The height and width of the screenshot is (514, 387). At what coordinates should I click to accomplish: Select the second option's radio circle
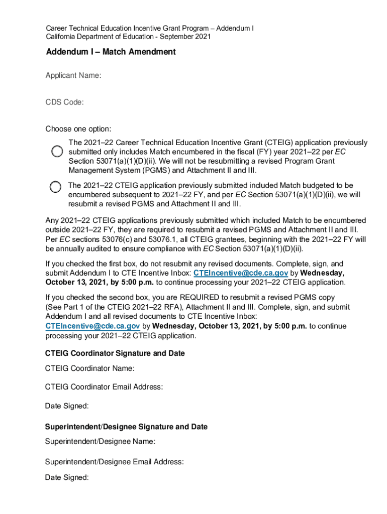(55, 186)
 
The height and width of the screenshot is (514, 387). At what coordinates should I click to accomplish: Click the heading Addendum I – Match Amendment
(111, 52)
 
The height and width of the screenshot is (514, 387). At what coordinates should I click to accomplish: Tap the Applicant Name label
(73, 75)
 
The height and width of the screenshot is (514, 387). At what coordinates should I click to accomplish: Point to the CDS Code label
(65, 102)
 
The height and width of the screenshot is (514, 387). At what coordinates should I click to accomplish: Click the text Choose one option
(78, 129)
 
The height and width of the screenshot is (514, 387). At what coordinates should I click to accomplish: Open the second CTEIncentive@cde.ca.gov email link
(92, 326)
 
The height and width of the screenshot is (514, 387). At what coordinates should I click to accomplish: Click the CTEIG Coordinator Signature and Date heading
(115, 353)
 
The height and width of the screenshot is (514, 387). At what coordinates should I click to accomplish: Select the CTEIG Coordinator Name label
(89, 369)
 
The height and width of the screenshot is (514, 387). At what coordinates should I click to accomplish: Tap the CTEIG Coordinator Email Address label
(104, 387)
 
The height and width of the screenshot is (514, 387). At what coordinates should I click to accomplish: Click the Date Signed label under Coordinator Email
(67, 406)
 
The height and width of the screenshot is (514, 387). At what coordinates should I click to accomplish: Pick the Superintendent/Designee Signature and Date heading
(126, 427)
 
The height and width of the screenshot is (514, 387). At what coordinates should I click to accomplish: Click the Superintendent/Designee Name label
(100, 442)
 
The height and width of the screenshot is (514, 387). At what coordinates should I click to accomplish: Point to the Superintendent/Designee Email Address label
(114, 462)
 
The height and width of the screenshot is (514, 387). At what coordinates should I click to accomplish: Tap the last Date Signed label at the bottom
(67, 477)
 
